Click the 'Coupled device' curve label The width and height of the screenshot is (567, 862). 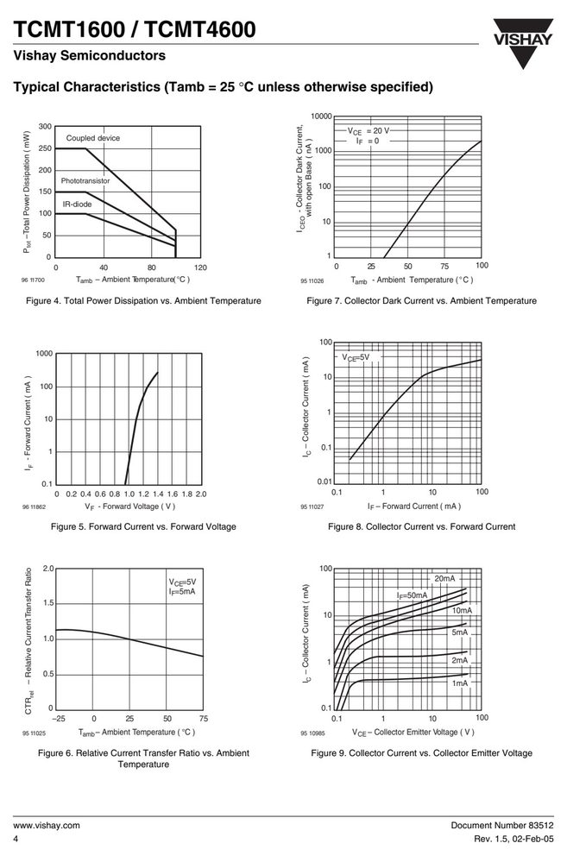point(93,138)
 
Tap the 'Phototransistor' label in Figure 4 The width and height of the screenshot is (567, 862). point(85,181)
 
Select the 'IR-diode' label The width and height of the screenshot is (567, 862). point(77,204)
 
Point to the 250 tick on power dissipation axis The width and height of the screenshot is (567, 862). point(45,148)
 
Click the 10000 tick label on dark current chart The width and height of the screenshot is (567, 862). point(321,116)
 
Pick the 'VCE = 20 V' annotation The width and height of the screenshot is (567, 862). point(368,131)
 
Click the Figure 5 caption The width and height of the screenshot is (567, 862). point(143,526)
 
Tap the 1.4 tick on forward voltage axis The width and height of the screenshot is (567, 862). point(158,494)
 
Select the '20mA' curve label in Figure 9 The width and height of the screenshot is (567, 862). point(445,579)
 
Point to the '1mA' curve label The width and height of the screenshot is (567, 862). point(460,683)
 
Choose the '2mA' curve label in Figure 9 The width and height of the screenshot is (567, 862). point(460,660)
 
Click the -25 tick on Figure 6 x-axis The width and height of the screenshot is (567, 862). point(59,719)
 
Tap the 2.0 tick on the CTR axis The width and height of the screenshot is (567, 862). point(48,569)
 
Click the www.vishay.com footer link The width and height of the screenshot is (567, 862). point(47,825)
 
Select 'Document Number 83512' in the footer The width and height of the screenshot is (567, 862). point(502,825)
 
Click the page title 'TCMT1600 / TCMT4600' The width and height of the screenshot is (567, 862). point(135,29)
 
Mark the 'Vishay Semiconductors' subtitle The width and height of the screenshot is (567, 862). point(89,55)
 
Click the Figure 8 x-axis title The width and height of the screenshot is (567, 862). point(414,507)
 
